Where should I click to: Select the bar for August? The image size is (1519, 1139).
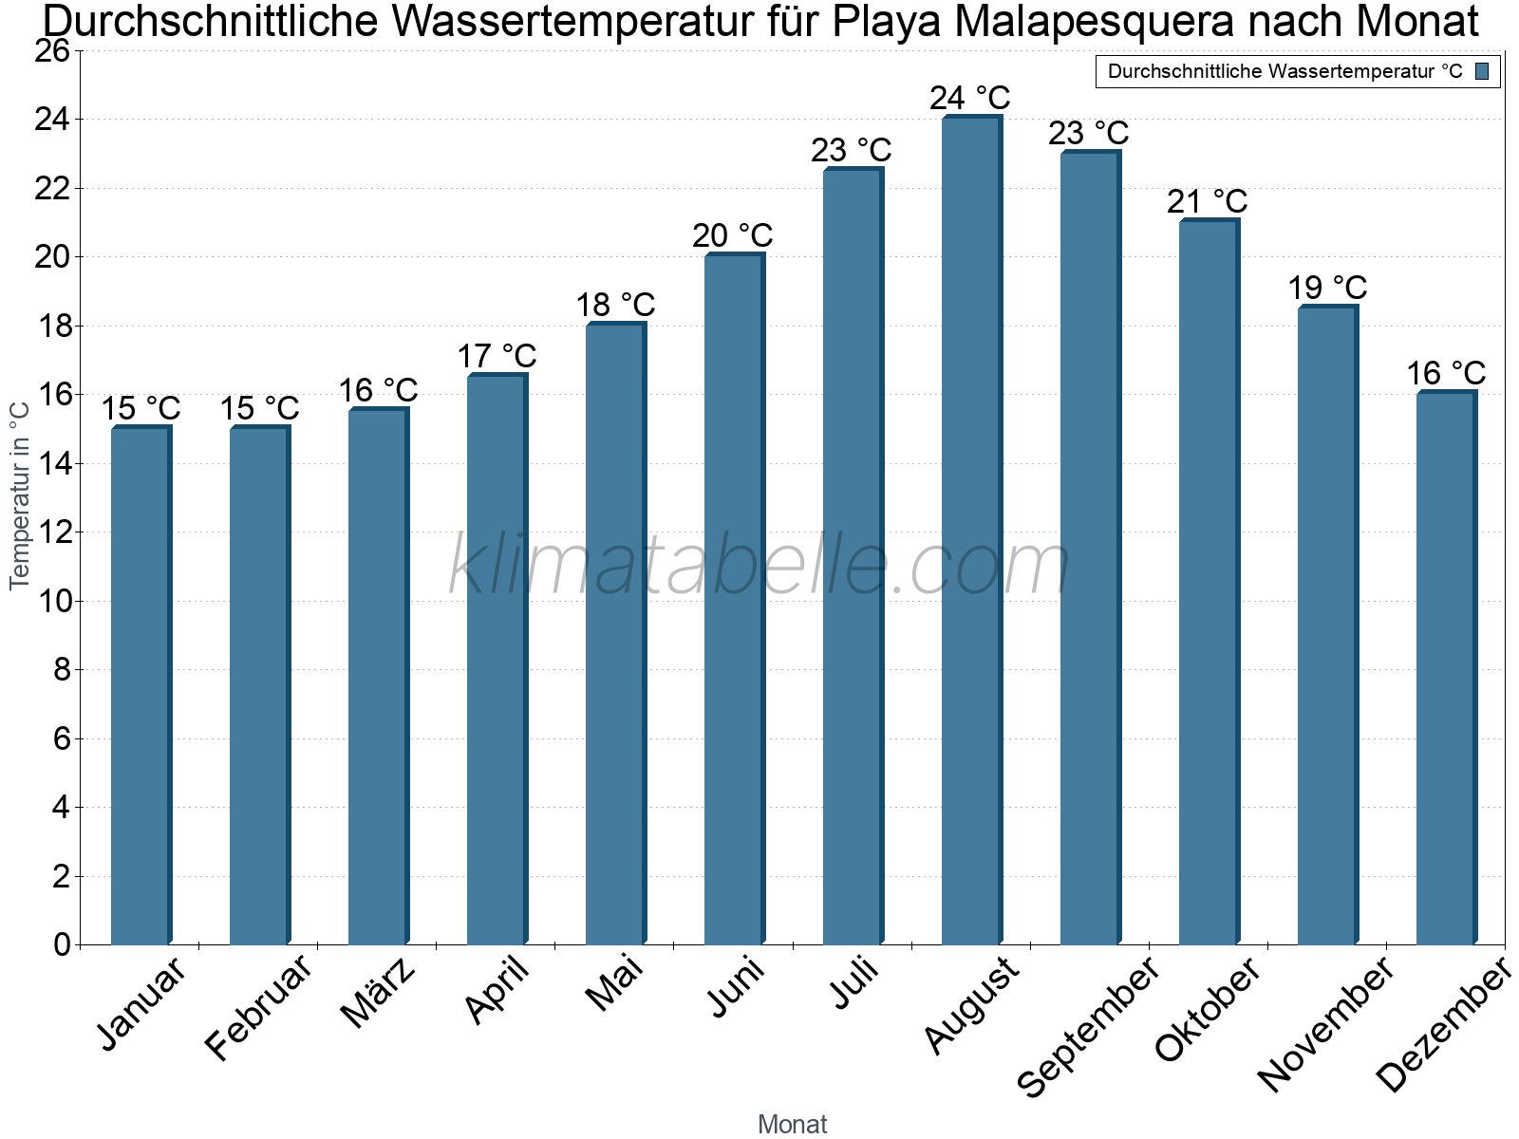tap(971, 532)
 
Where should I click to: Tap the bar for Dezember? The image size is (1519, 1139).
tap(1446, 668)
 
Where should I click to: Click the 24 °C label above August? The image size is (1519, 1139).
tap(969, 98)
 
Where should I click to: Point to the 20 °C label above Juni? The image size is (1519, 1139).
tap(732, 235)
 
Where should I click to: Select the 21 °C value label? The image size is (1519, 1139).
tap(1207, 201)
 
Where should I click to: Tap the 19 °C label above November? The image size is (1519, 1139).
tap(1326, 287)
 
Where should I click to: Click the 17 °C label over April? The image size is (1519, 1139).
tap(497, 356)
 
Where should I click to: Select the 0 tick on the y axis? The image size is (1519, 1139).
tap(62, 944)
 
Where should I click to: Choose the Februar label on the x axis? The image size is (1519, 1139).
tap(257, 1008)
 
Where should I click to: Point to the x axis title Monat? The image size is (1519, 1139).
tap(792, 1124)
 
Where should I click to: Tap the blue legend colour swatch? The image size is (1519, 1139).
tap(1482, 71)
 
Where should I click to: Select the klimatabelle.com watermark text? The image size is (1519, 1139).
tap(759, 566)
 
